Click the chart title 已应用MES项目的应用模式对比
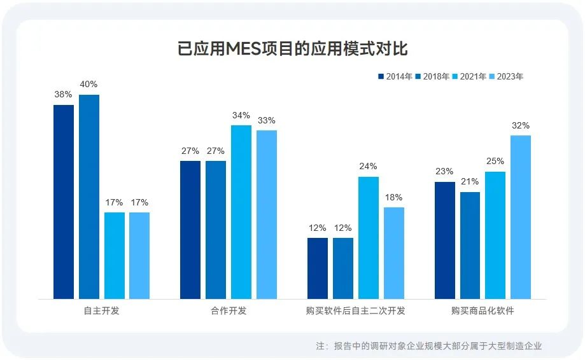292,49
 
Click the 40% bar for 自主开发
89,197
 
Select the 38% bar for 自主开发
64,202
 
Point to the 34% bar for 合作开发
241,212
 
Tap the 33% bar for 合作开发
267,214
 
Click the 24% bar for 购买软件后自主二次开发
368,237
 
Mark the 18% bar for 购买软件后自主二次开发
393,253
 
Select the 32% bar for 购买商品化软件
521,217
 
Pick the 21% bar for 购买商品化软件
470,245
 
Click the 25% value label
495,161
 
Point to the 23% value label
444,171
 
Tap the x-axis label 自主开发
101,311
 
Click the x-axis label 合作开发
229,311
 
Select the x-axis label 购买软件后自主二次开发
355,311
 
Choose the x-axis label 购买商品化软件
483,311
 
